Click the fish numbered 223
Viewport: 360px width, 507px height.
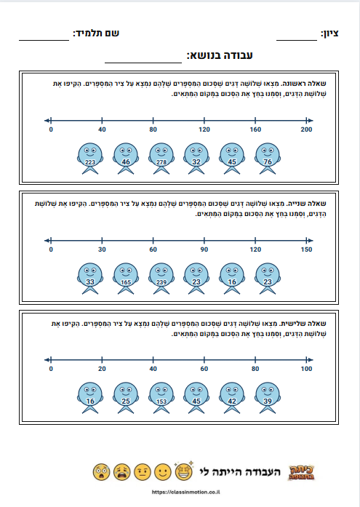point(90,159)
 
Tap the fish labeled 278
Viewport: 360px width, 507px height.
point(161,159)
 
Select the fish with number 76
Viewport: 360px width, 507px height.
point(268,159)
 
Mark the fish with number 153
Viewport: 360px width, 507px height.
point(161,398)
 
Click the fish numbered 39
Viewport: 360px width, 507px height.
point(268,398)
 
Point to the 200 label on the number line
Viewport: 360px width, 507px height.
point(306,129)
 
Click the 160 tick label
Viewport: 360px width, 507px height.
point(255,129)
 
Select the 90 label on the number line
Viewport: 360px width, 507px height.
point(204,249)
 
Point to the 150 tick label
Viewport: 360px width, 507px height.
point(306,249)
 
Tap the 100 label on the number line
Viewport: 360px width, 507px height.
point(306,369)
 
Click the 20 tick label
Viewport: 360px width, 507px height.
point(102,369)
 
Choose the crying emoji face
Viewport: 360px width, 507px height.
point(122,472)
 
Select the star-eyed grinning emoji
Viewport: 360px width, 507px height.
point(184,471)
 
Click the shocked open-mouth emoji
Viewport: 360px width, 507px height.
point(102,472)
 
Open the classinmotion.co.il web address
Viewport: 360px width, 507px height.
point(185,492)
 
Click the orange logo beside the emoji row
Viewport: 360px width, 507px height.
point(302,472)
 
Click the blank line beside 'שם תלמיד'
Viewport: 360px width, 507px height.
point(44,41)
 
